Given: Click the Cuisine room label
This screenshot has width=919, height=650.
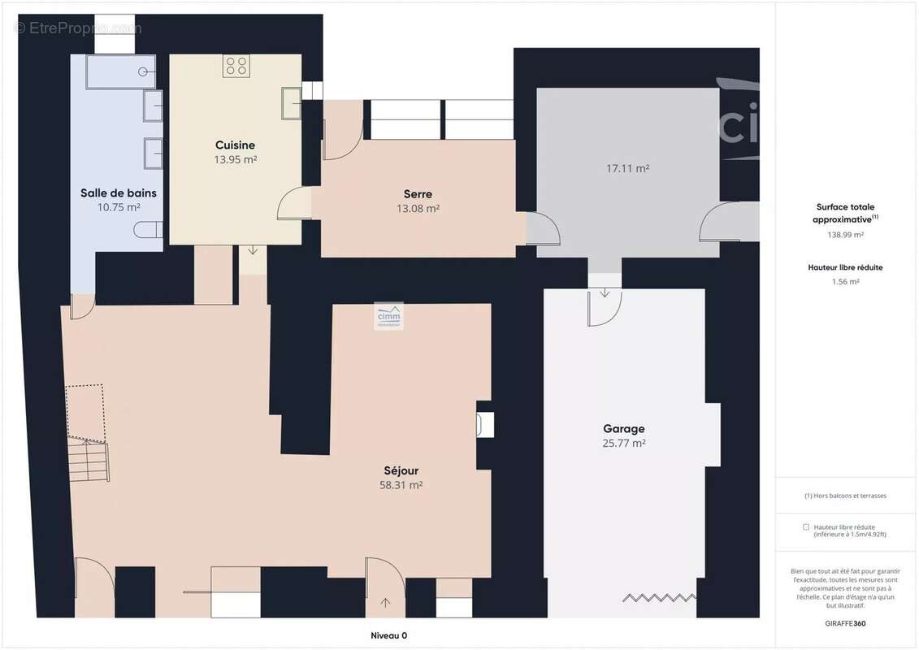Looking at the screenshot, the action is point(235,145).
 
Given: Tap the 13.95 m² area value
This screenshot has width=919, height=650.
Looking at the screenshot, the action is point(235,159).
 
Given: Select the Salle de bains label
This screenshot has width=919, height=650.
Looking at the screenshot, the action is point(119,193).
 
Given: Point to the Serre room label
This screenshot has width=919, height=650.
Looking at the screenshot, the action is point(418,194).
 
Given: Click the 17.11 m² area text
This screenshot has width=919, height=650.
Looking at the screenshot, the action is point(628,169).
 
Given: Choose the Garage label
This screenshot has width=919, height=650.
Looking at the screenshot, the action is point(623,429).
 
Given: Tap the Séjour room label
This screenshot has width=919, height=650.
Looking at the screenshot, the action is point(401,470).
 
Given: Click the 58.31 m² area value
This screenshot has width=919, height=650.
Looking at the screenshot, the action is point(401,485).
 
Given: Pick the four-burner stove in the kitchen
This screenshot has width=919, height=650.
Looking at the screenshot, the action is point(236,66).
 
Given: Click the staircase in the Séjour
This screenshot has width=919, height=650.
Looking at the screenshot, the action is point(89,461).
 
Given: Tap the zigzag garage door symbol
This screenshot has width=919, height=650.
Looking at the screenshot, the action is point(659,598).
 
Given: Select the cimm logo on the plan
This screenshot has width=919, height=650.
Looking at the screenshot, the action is point(388,316).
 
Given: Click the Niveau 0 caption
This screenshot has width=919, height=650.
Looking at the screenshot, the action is point(388,636).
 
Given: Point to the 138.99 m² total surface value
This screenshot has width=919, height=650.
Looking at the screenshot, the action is point(845,235).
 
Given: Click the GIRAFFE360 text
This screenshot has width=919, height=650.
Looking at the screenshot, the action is point(845,624).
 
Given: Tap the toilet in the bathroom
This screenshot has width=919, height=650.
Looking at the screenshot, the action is point(148,230).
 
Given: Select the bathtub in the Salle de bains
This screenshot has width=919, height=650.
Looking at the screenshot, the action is point(121,72).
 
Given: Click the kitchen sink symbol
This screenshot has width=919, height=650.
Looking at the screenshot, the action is point(291,103).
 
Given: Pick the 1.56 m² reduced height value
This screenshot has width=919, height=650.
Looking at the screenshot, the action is point(845,282).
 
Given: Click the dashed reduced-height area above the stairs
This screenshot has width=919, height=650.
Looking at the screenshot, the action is point(85,414).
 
